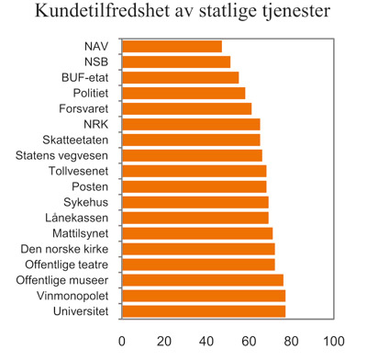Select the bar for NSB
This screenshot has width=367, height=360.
coord(176,62)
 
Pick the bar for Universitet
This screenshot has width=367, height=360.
coord(204,311)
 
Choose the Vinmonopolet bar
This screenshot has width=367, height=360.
coord(204,296)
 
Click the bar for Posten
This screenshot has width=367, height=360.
coord(194,186)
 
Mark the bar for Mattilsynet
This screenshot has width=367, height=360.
coord(197,233)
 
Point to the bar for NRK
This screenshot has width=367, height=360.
coord(191,124)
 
